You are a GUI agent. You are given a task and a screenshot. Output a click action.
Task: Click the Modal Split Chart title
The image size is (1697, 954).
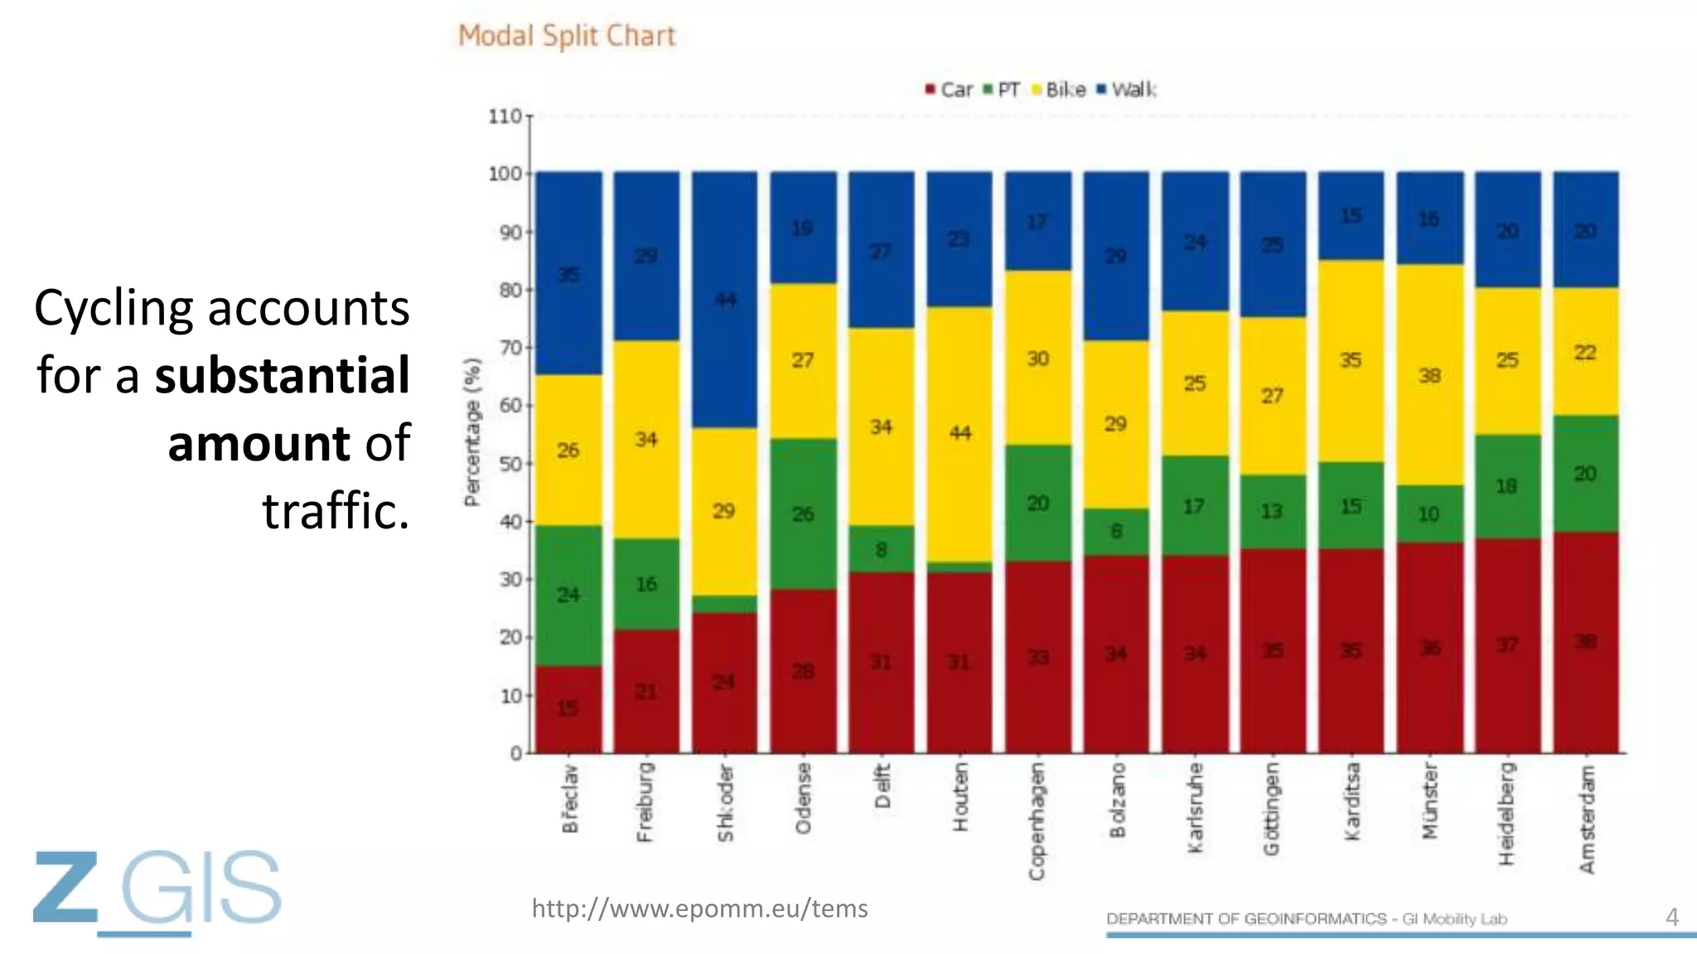(567, 36)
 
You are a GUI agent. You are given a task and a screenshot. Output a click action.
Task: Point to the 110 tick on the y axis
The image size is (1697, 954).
(505, 116)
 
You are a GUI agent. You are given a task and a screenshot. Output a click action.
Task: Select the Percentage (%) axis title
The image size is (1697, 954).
(472, 432)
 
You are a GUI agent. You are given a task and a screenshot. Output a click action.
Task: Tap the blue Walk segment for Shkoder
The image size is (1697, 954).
(725, 300)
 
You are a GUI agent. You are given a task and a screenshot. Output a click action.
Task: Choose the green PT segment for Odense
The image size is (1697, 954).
(803, 513)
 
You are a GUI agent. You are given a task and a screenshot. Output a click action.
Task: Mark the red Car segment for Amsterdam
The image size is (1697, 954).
(1585, 642)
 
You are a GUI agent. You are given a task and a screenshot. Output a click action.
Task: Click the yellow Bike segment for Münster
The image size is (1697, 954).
(1429, 375)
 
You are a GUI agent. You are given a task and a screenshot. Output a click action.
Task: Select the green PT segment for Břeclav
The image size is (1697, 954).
(568, 595)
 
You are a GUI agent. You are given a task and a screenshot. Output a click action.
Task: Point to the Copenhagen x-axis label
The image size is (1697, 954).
(1037, 821)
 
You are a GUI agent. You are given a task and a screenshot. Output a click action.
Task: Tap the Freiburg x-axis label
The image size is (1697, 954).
(645, 802)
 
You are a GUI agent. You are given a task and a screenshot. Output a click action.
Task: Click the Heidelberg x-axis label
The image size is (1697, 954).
(1507, 813)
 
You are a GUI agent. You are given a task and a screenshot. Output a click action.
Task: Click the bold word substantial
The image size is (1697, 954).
(282, 375)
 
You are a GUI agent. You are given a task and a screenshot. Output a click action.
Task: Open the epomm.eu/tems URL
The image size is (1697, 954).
(699, 908)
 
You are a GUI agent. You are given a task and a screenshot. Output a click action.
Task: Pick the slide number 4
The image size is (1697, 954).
(1672, 917)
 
